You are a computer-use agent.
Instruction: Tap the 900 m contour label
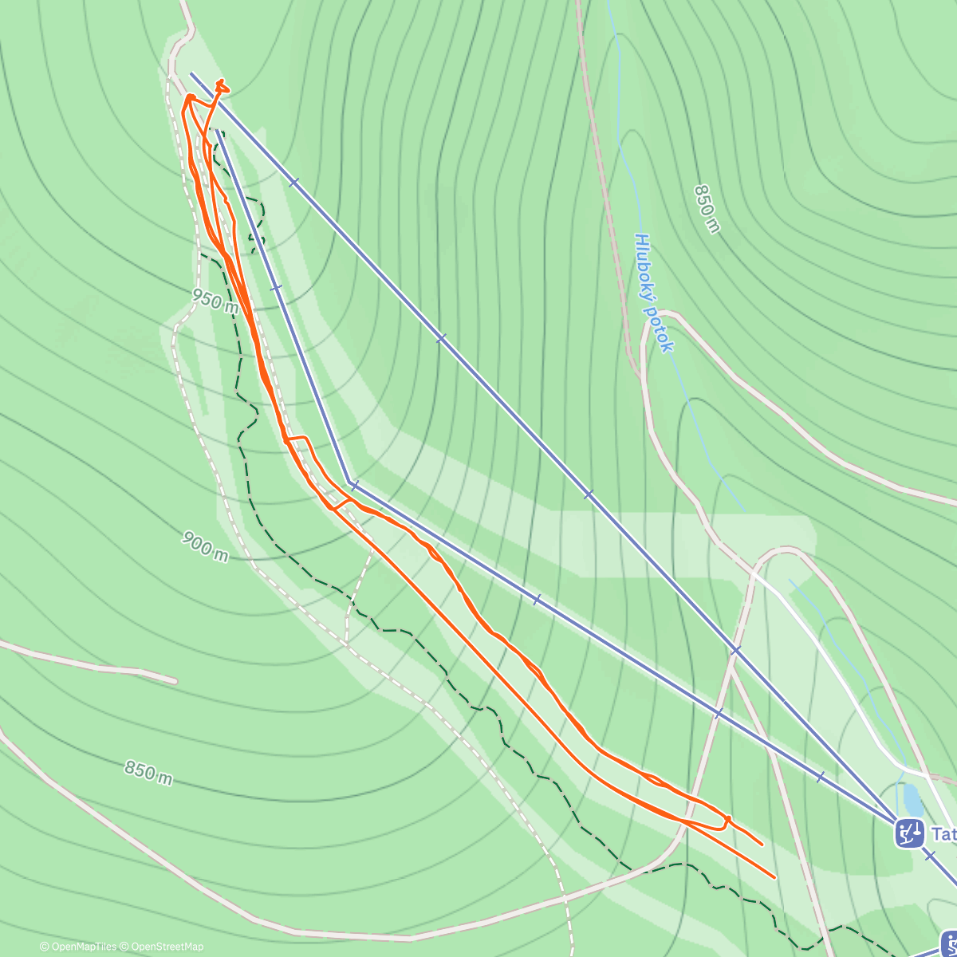click(x=205, y=546)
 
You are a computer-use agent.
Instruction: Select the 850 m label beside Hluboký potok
click(x=707, y=209)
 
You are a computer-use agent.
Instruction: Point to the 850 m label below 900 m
click(x=148, y=772)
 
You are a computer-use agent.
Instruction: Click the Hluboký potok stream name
click(x=655, y=292)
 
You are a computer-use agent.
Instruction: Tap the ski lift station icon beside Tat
click(x=909, y=833)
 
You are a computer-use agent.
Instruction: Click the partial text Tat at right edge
click(x=943, y=834)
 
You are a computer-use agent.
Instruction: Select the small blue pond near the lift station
click(x=911, y=798)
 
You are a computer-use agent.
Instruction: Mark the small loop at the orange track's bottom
click(x=721, y=822)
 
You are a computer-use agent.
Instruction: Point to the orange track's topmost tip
click(x=221, y=81)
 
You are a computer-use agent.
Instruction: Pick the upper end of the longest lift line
click(x=191, y=73)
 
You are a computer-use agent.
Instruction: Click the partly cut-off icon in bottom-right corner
click(x=949, y=943)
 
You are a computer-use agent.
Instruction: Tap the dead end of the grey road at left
click(x=175, y=681)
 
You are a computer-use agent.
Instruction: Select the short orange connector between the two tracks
click(x=341, y=503)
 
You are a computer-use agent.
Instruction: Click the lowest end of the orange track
click(x=774, y=877)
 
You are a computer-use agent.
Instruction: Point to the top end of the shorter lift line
click(x=215, y=129)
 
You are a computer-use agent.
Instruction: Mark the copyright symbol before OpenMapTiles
click(x=45, y=947)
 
